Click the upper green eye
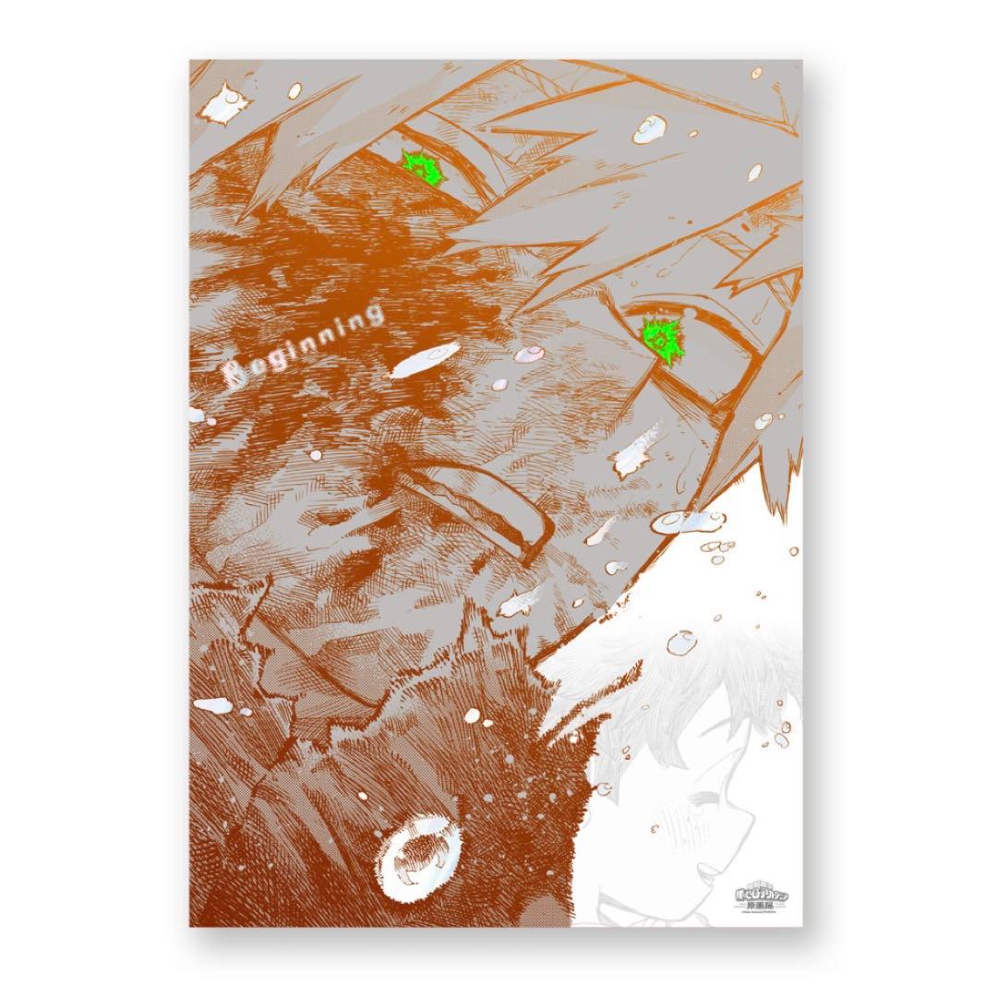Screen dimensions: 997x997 click(422, 166)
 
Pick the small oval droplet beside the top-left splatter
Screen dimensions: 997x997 click(295, 90)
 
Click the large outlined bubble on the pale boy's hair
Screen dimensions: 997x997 click(684, 639)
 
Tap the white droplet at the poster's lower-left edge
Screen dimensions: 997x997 click(213, 705)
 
